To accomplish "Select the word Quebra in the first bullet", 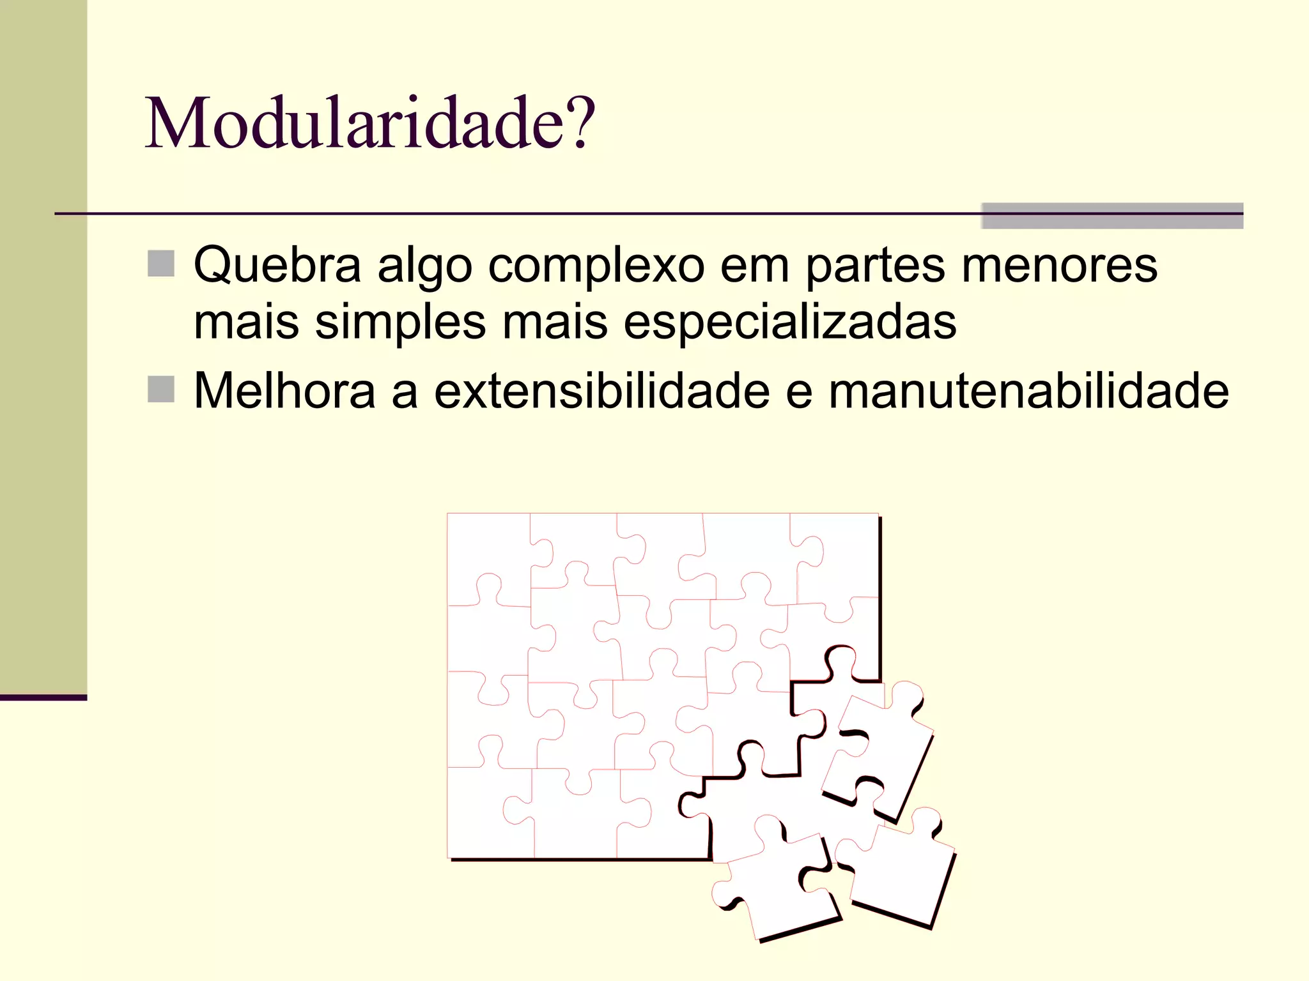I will point(277,265).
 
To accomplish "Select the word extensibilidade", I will point(601,391).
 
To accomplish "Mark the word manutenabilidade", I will point(1028,391).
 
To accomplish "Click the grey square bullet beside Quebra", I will point(161,263).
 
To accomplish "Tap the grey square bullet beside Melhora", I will point(161,389).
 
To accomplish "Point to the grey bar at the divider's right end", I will point(1111,216).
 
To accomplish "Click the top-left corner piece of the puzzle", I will point(486,556).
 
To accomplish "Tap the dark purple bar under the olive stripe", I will point(43,697).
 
